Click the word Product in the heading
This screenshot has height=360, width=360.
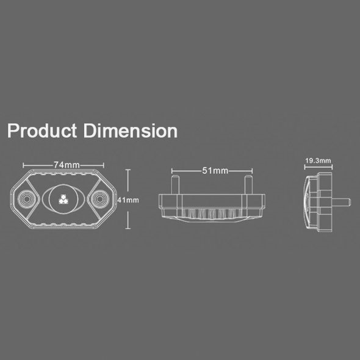(42, 131)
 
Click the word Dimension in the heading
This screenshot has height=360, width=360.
(131, 131)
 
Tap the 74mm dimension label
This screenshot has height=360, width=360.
(67, 165)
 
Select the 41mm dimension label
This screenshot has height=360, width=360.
(128, 200)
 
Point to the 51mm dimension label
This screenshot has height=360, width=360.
(215, 171)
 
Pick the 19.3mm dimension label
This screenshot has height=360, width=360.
(319, 160)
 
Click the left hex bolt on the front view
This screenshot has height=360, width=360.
(26, 200)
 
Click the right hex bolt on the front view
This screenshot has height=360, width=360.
(100, 200)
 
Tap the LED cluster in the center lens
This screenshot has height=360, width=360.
(63, 200)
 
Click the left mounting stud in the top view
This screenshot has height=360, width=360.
(175, 185)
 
